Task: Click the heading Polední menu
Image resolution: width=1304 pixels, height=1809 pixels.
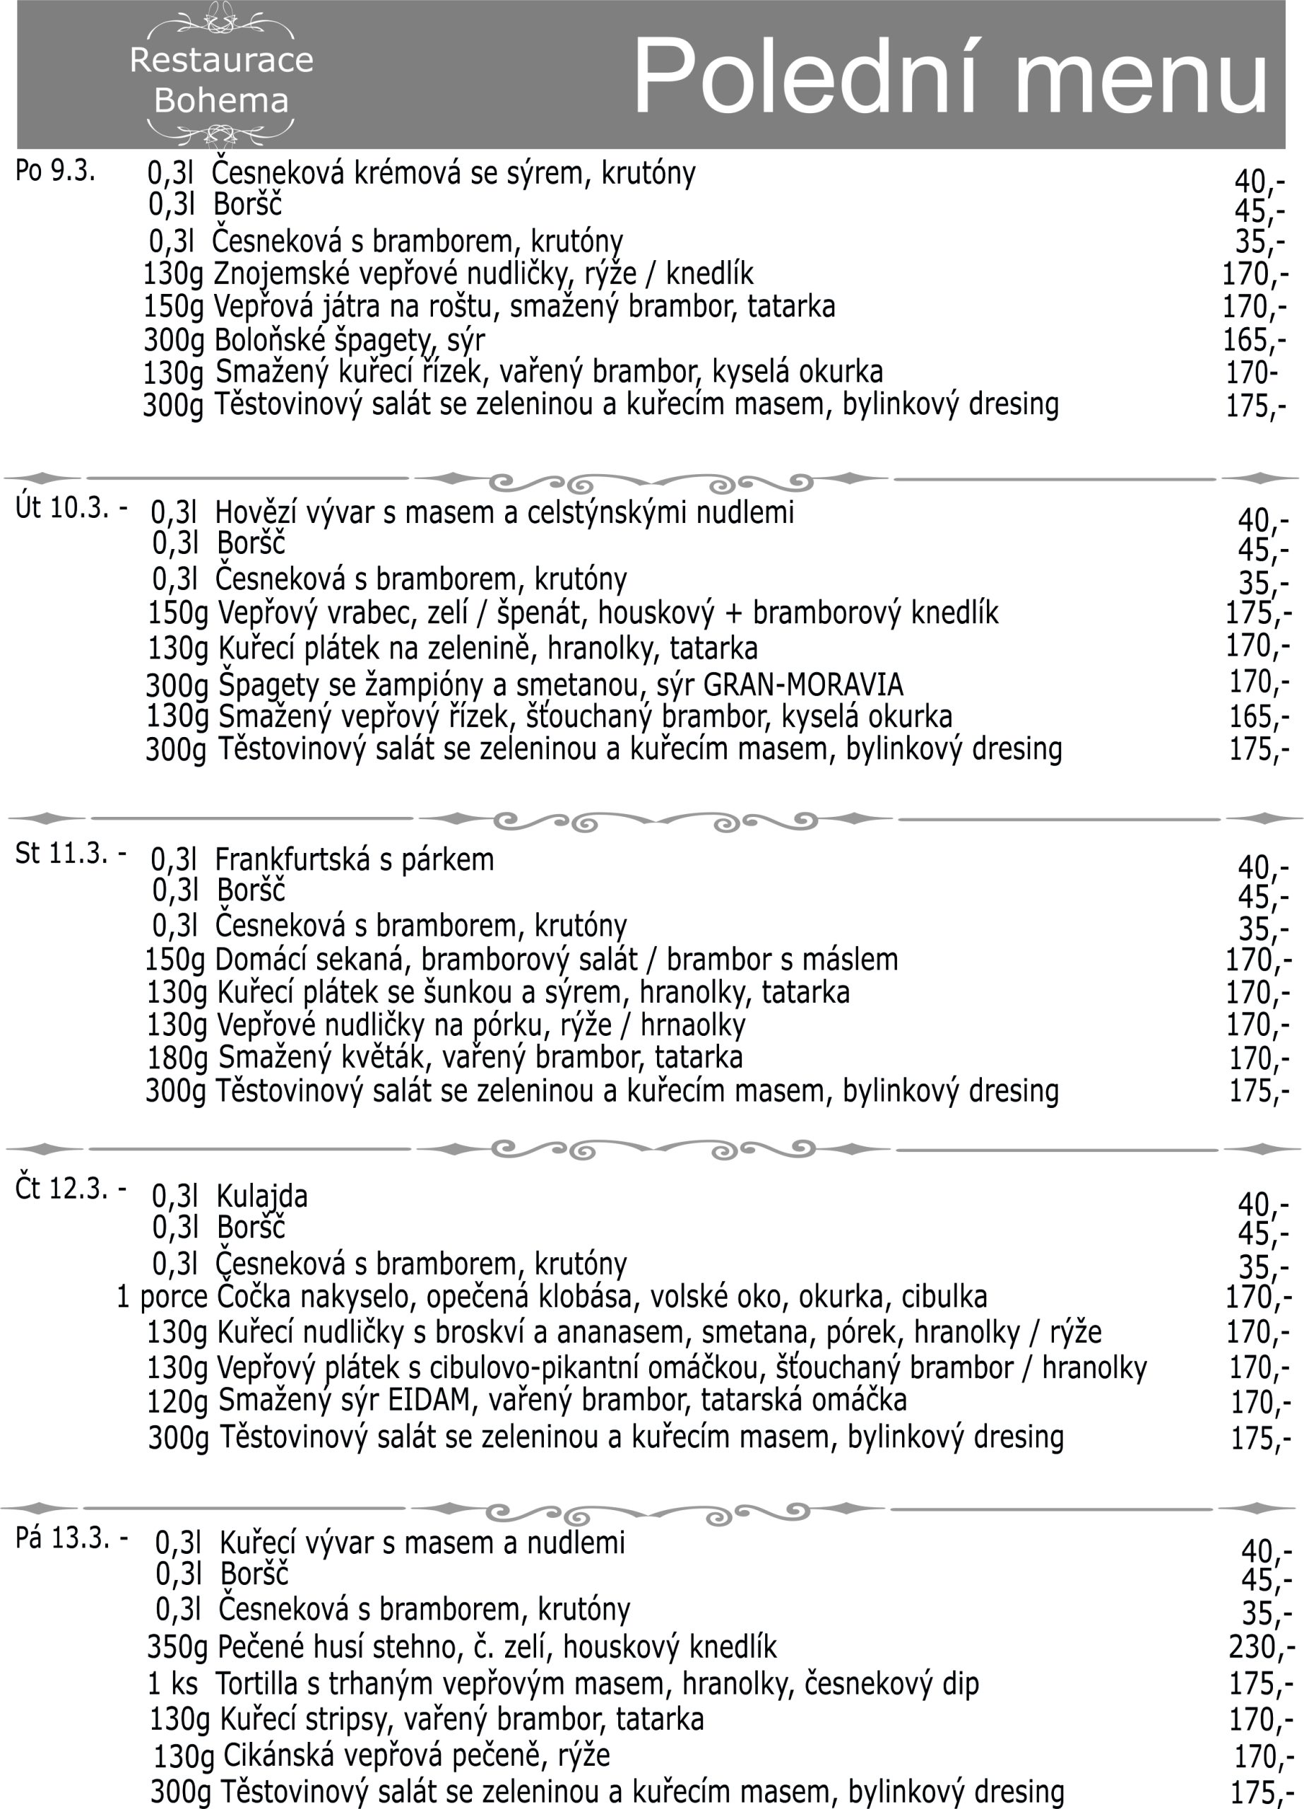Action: [950, 78]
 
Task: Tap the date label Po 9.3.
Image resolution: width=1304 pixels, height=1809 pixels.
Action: [55, 171]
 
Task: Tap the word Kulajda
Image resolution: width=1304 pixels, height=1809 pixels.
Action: [261, 1196]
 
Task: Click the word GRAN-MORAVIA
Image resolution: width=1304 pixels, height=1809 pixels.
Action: [804, 684]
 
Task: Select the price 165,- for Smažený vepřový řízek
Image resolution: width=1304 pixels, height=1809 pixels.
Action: [1259, 717]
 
